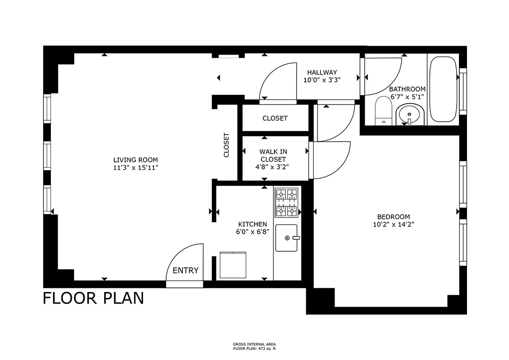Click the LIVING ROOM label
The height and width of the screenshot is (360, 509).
(x=136, y=160)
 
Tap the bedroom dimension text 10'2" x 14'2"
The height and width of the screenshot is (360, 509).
(x=393, y=224)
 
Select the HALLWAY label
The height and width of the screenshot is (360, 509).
(x=322, y=72)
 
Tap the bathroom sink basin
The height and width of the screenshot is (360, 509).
(x=410, y=115)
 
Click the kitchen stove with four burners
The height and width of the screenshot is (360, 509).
(x=287, y=203)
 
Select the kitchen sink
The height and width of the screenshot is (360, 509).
(x=286, y=238)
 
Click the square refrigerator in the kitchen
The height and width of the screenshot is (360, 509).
(x=233, y=265)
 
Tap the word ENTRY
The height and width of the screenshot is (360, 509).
(x=186, y=270)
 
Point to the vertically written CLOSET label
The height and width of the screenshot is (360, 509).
(x=226, y=145)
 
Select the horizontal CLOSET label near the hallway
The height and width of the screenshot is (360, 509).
(x=275, y=118)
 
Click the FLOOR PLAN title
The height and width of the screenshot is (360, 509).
(x=93, y=298)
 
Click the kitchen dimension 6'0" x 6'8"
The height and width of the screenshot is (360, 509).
(x=253, y=232)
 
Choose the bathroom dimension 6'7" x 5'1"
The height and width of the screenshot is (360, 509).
(x=407, y=97)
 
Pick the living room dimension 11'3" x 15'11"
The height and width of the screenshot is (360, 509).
(x=136, y=168)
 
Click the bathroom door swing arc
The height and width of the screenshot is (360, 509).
(x=392, y=81)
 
